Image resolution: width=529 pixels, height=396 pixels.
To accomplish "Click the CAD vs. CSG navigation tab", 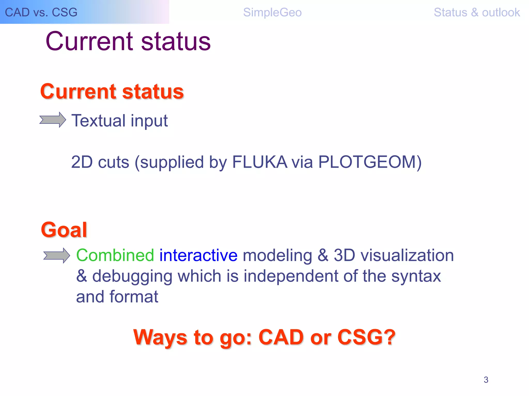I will [x=41, y=12].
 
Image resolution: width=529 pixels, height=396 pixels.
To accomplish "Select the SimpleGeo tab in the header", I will [x=272, y=12].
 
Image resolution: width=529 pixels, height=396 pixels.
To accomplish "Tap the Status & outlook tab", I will [x=477, y=12].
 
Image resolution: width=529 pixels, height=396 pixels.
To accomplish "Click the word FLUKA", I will [x=260, y=162].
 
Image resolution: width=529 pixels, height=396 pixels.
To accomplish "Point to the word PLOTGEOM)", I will [x=370, y=162].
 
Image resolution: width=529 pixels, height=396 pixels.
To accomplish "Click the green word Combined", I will [x=115, y=255].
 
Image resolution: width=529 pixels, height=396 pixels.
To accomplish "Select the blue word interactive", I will [x=198, y=255].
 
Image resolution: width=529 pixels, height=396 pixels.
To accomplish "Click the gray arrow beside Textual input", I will [x=53, y=120].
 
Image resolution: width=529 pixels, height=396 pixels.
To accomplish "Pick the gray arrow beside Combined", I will [x=57, y=256].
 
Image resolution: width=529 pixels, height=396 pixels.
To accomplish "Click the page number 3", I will [x=486, y=380].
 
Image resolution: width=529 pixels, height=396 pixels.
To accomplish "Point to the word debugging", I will [x=132, y=276].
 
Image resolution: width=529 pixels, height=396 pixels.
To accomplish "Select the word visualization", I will [x=407, y=255].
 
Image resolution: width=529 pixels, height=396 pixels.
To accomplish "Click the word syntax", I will [x=416, y=276].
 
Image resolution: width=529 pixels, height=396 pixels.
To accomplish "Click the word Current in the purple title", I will [x=89, y=41].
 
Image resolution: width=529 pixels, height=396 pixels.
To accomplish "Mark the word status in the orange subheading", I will [x=153, y=92].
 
